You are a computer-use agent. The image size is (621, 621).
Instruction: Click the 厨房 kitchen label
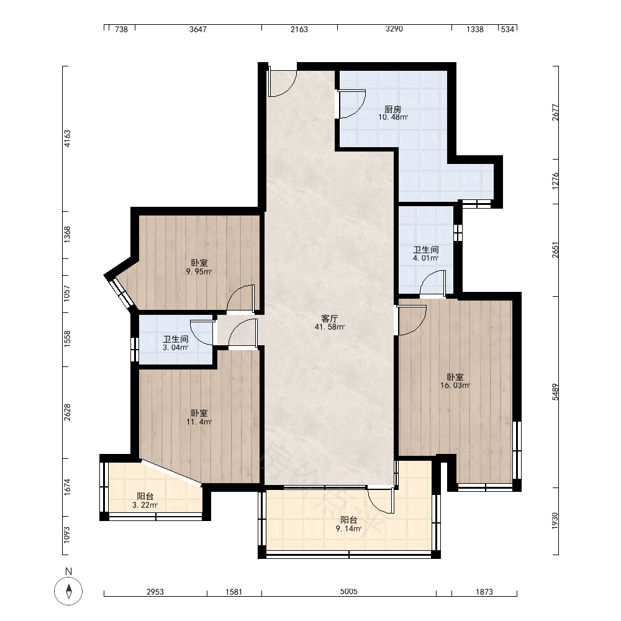pyautogui.click(x=392, y=109)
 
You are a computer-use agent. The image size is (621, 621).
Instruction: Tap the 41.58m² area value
pyautogui.click(x=330, y=327)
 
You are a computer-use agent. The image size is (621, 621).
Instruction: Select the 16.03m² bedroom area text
pyautogui.click(x=455, y=386)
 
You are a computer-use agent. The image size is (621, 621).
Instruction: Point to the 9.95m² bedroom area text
pyautogui.click(x=199, y=272)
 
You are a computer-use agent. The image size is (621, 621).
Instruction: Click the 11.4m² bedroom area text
pyautogui.click(x=199, y=422)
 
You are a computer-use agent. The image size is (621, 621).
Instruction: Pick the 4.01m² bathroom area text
pyautogui.click(x=426, y=258)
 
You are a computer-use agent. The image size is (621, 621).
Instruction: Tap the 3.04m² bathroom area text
pyautogui.click(x=176, y=348)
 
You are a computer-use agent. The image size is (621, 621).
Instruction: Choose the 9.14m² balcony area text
pyautogui.click(x=348, y=528)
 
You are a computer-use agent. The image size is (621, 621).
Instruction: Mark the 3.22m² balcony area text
pyautogui.click(x=145, y=505)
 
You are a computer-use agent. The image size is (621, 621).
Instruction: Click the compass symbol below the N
pyautogui.click(x=68, y=591)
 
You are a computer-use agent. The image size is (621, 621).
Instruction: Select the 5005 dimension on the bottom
pyautogui.click(x=348, y=591)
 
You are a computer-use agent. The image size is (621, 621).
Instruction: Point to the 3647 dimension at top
pyautogui.click(x=197, y=29)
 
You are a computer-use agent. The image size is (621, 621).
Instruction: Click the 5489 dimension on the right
pyautogui.click(x=555, y=392)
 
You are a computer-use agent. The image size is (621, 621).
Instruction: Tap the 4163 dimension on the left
pyautogui.click(x=67, y=138)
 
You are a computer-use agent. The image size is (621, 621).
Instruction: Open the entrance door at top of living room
pyautogui.click(x=282, y=84)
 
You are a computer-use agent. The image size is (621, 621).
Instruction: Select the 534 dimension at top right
pyautogui.click(x=507, y=29)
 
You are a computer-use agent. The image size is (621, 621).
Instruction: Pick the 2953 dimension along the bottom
pyautogui.click(x=155, y=592)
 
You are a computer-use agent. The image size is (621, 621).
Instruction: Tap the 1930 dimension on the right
pyautogui.click(x=555, y=521)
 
